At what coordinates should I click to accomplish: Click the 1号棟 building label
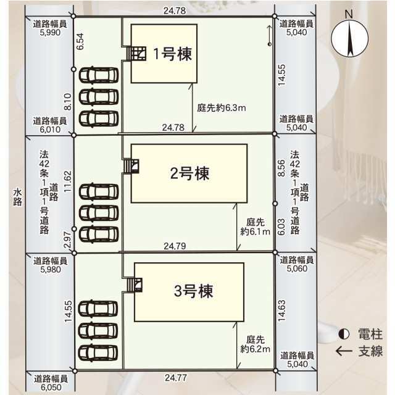[x=173, y=54]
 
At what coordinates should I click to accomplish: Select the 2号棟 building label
[x=189, y=173]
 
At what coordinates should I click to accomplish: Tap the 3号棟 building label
[x=193, y=291]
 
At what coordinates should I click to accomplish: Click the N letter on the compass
[x=349, y=14]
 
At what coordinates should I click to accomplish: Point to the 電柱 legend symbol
[x=344, y=335]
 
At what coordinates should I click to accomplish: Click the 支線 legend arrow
[x=344, y=351]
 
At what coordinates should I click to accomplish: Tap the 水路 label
[x=17, y=197]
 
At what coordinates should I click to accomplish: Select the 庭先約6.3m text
[x=222, y=108]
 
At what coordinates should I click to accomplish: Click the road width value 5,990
[x=50, y=33]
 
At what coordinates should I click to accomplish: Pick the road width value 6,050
[x=51, y=387]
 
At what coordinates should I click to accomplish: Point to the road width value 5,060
[x=297, y=268]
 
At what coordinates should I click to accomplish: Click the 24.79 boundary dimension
[x=175, y=246]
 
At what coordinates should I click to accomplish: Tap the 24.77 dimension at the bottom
[x=176, y=378]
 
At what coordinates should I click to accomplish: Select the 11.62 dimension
[x=68, y=181]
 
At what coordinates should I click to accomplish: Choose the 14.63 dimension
[x=281, y=310]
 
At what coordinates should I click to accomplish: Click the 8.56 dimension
[x=281, y=168]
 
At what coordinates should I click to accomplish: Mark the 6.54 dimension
[x=80, y=41]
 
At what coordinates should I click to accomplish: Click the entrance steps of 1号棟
[x=136, y=53]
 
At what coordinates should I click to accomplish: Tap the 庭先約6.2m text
[x=255, y=344]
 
